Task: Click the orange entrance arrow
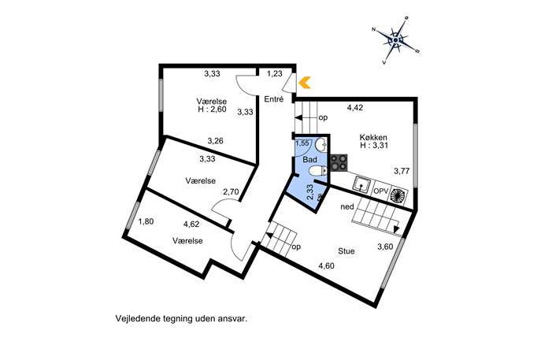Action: (305, 83)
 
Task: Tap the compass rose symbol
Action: (396, 40)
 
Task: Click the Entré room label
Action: (273, 99)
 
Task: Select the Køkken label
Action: (374, 137)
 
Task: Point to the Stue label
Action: (346, 251)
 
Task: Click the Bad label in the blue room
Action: (309, 160)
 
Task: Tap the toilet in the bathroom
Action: (317, 171)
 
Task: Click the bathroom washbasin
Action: (321, 145)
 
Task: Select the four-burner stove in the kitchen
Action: (339, 162)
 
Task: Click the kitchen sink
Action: (361, 184)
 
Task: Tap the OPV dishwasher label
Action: (381, 191)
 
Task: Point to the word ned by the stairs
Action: (347, 206)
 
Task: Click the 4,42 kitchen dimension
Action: (355, 108)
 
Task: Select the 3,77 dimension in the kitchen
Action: (402, 170)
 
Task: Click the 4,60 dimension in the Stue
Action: (326, 265)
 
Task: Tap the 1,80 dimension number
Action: (146, 221)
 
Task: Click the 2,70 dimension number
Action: (231, 191)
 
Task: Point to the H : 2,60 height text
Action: (212, 109)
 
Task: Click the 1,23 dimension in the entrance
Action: (275, 73)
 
